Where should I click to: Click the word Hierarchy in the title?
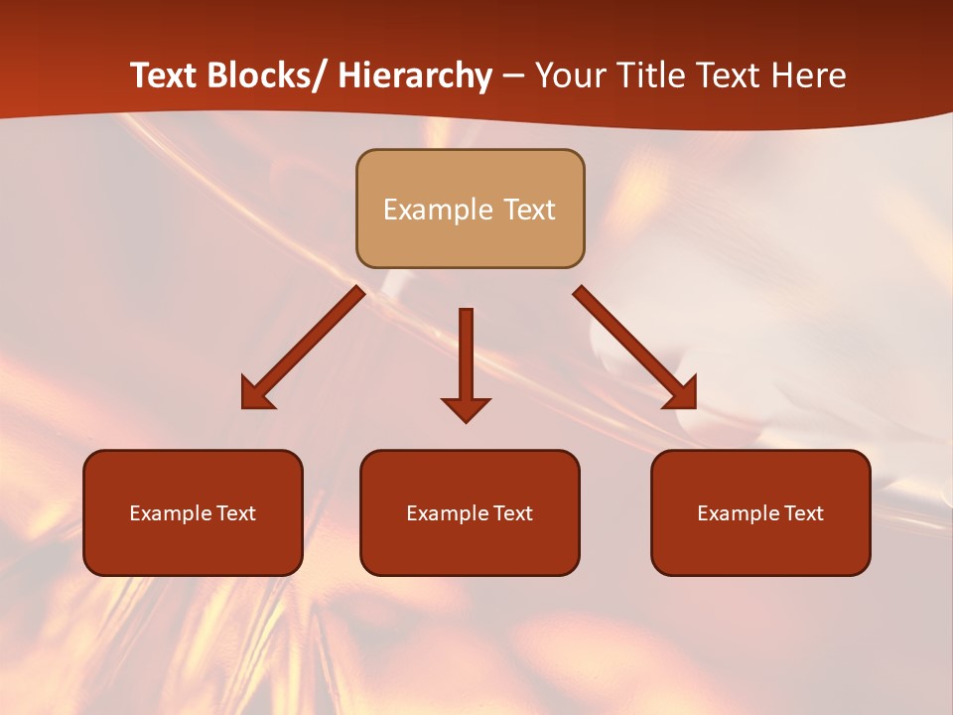415,75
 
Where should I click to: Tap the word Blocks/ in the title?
269,75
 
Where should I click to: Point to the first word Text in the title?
166,75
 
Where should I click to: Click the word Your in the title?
571,75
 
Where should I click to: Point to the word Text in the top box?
528,210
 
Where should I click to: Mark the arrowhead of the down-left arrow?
255,394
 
